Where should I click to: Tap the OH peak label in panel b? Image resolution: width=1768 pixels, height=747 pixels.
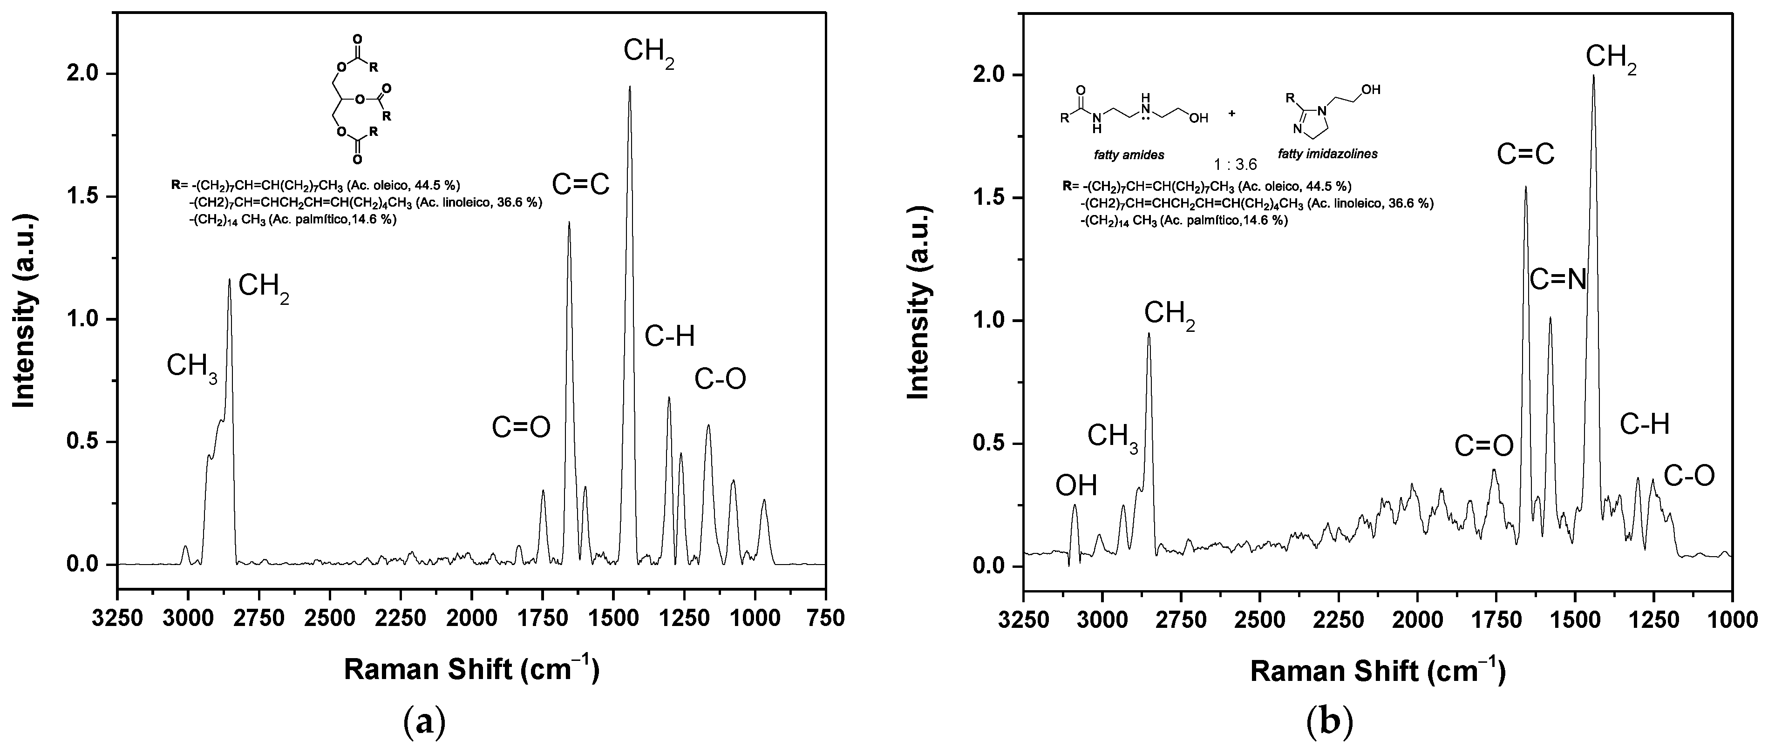pos(1076,485)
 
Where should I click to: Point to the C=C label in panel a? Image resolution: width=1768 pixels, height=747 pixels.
pos(581,184)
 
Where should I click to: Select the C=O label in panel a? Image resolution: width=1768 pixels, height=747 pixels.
pos(521,427)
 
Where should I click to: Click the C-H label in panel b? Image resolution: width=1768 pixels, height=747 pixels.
pos(1645,425)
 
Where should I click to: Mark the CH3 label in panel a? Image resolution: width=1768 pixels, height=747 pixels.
pos(192,367)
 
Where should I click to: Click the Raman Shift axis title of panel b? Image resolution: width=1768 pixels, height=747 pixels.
pos(1378,671)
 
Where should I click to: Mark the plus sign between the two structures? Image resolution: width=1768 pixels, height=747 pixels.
pos(1231,113)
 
